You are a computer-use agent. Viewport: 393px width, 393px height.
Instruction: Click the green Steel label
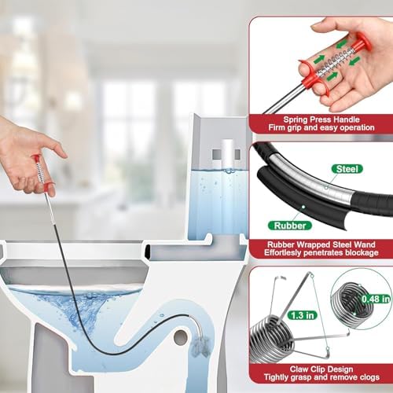(347, 169)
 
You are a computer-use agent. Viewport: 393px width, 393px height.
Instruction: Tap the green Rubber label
(290, 226)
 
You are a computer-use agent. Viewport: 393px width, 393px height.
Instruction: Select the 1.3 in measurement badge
(303, 315)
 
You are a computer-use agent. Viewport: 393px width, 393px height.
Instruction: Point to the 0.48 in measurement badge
(376, 299)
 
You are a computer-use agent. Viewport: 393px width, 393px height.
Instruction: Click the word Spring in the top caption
(296, 119)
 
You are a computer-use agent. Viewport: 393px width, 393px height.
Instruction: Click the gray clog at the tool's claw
(200, 346)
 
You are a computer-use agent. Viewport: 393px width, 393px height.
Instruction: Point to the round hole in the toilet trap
(181, 338)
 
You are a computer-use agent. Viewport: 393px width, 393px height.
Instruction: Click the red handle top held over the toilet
(36, 158)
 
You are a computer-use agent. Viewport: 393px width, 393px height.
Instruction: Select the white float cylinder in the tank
(227, 154)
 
